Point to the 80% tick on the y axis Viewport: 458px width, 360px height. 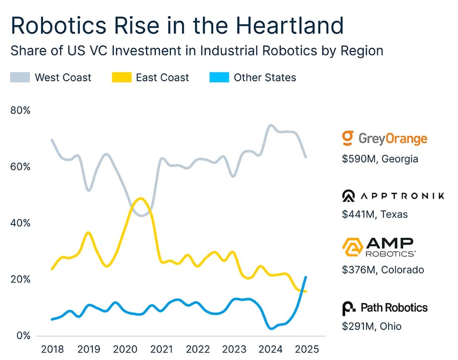pyautogui.click(x=20, y=110)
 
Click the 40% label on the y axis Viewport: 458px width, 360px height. pyautogui.click(x=20, y=223)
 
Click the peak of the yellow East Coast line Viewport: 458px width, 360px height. pyautogui.click(x=140, y=198)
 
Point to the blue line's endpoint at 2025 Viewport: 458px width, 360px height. pyautogui.click(x=306, y=277)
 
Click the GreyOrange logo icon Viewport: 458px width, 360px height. pyautogui.click(x=348, y=138)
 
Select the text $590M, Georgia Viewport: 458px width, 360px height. pyautogui.click(x=380, y=159)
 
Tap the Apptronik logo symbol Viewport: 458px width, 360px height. pyautogui.click(x=349, y=196)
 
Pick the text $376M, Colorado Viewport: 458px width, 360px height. pyautogui.click(x=383, y=270)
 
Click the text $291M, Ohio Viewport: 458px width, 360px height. pyautogui.click(x=371, y=326)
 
